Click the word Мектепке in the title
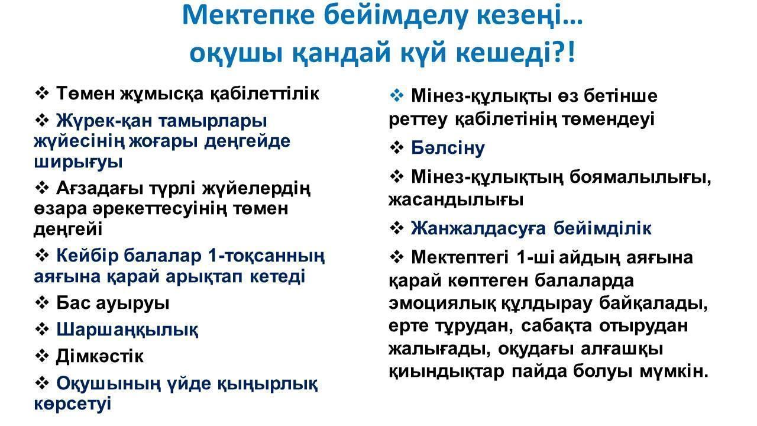pos(249,15)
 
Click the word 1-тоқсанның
pos(266,256)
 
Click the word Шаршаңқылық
pos(127,330)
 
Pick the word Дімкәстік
pos(100,356)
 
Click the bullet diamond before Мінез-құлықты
pos(396,95)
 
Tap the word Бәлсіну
pos(448,148)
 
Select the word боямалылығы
pos(640,177)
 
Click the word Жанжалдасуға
pos(478,228)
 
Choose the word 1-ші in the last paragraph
pos(535,257)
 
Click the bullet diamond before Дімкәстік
pos(42,356)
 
